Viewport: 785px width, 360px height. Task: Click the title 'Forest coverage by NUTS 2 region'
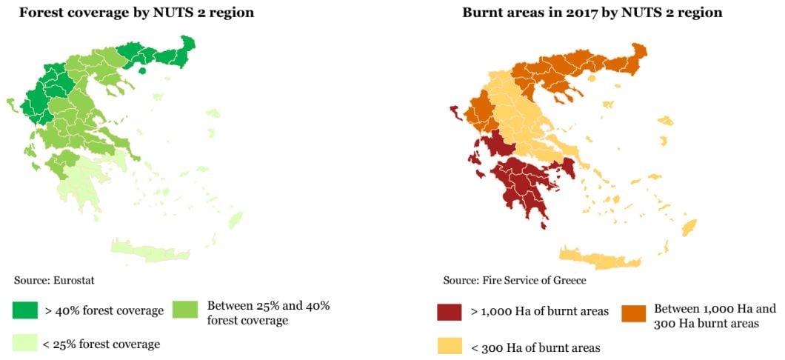click(x=136, y=13)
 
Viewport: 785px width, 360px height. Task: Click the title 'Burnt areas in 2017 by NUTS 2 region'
click(x=592, y=13)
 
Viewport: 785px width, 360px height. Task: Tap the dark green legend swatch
click(x=25, y=310)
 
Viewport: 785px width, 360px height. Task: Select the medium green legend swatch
click(x=186, y=310)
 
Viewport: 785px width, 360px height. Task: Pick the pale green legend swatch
click(x=25, y=343)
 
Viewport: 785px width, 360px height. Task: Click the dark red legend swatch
click(x=449, y=312)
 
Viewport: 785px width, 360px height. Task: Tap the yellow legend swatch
click(x=449, y=346)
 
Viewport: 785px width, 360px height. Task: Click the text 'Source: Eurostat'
click(x=54, y=280)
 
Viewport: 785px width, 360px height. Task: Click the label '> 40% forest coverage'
click(x=104, y=311)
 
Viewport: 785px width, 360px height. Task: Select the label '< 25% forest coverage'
click(x=102, y=344)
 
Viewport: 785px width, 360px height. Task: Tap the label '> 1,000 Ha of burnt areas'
click(x=540, y=312)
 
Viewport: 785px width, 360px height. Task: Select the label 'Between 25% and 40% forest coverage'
click(x=268, y=313)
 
